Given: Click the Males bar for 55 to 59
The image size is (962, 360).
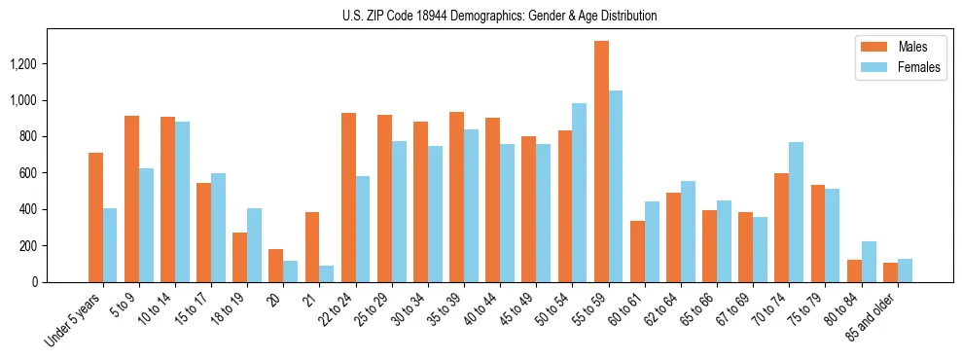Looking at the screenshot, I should (601, 162).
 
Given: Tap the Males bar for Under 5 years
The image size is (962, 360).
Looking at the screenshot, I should (95, 217).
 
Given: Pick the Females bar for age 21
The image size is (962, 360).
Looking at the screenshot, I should (327, 273).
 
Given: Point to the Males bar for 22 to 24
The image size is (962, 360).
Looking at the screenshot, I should (348, 198).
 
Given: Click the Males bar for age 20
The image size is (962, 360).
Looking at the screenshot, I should (276, 266).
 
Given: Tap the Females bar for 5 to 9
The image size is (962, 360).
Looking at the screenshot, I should (147, 225).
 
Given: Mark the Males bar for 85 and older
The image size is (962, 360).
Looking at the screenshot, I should (890, 272).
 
